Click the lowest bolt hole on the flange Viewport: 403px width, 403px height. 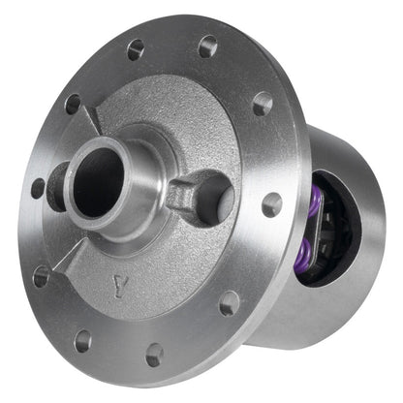(154, 354)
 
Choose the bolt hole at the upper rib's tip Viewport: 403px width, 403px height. (73, 103)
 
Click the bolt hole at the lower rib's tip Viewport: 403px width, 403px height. (42, 276)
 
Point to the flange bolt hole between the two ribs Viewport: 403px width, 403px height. (37, 187)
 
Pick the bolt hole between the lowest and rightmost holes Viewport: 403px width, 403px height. (229, 303)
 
